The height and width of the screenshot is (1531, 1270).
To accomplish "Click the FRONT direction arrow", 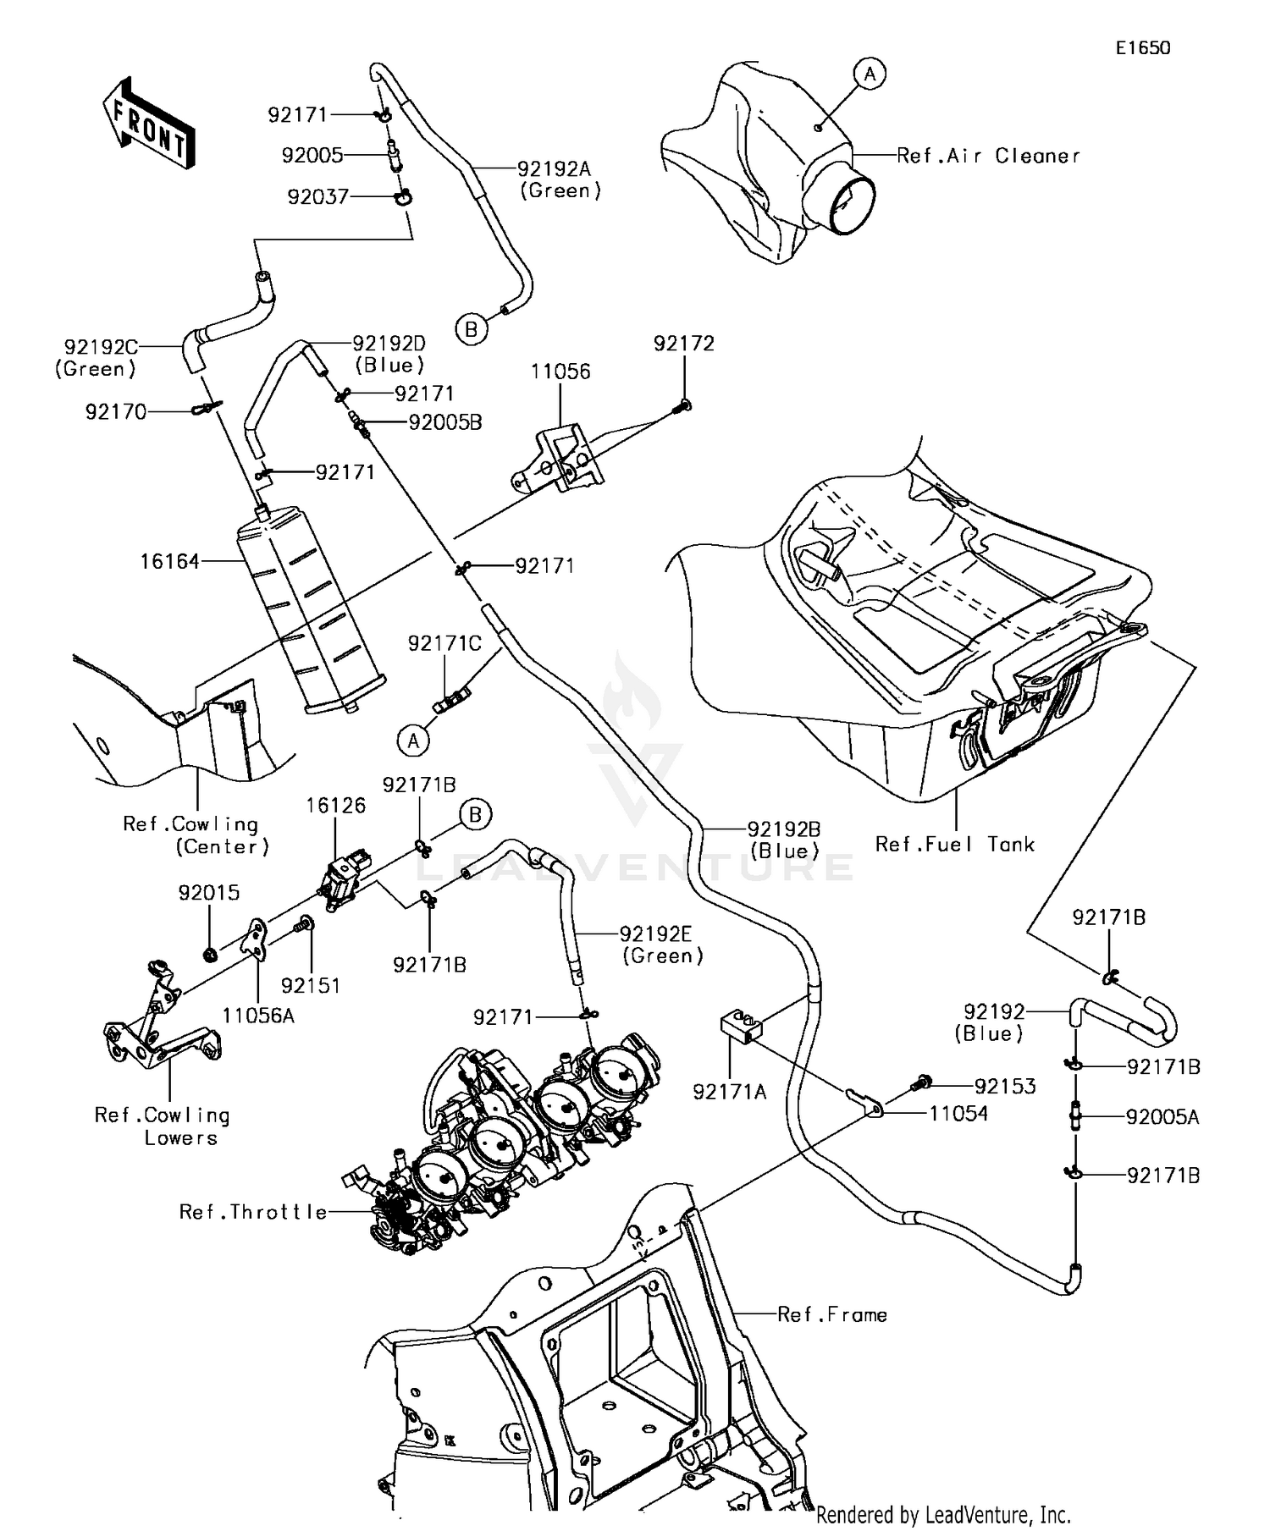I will [149, 125].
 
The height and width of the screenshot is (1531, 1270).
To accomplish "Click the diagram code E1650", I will [1142, 48].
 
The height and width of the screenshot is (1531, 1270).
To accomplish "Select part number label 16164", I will [169, 561].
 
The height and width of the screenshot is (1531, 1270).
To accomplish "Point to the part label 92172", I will [683, 344].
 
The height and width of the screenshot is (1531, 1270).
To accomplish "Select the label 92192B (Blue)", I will [783, 840].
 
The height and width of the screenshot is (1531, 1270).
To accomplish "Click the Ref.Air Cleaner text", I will [988, 156].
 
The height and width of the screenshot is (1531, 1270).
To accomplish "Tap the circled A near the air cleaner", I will [870, 74].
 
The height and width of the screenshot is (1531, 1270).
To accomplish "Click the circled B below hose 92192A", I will [472, 329].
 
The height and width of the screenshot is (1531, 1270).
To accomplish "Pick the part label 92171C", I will [444, 644].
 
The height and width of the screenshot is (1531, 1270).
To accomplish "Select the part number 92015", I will [208, 893].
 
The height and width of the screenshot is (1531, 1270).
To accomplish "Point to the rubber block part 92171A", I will [741, 1027].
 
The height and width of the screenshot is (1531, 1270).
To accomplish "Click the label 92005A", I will [1162, 1117].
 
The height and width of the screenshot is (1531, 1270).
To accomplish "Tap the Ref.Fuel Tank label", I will [954, 844].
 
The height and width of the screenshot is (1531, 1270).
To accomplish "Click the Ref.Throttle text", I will [252, 1212].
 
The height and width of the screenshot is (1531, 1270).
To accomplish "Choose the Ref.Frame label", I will [831, 1314].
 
